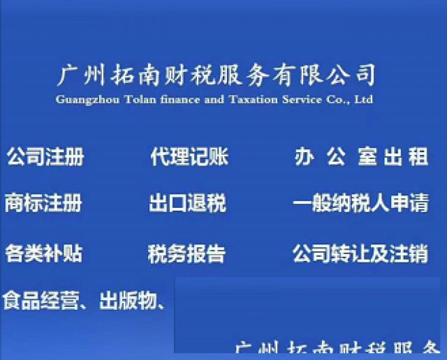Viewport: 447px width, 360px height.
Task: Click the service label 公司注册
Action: coord(45,157)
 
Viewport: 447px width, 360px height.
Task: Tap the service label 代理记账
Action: coord(189,157)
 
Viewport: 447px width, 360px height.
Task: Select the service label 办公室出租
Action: coord(361,157)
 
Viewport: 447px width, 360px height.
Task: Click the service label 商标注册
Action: coord(43,203)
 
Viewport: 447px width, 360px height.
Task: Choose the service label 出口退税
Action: coord(187,204)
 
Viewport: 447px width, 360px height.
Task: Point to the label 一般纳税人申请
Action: coord(360,204)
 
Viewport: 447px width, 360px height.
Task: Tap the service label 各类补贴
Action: coord(43,253)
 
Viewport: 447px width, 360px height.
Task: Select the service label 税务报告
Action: coord(186,253)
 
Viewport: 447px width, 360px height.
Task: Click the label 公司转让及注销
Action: coord(360,253)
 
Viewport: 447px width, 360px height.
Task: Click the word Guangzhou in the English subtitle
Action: coord(81,100)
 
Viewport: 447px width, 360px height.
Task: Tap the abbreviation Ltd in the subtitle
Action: coord(364,100)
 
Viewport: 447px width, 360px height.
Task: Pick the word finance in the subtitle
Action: coord(172,100)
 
